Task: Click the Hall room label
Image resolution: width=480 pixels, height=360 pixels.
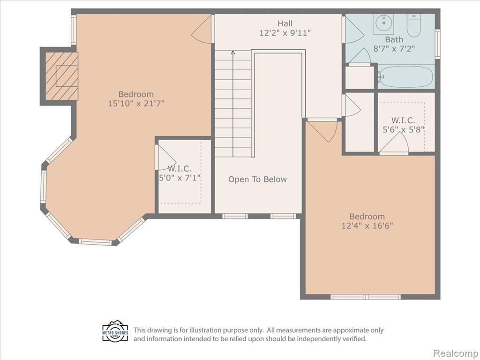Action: pyautogui.click(x=285, y=23)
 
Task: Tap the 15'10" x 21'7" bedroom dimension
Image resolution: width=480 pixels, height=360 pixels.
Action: pyautogui.click(x=136, y=104)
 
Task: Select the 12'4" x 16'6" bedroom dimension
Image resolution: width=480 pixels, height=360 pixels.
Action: pyautogui.click(x=367, y=226)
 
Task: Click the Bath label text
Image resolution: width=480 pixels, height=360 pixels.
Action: pyautogui.click(x=394, y=39)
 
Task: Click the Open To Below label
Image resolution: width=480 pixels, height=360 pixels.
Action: pyautogui.click(x=257, y=180)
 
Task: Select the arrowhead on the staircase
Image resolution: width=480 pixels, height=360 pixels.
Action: pyautogui.click(x=233, y=52)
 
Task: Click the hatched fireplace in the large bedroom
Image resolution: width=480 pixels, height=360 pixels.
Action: pyautogui.click(x=61, y=76)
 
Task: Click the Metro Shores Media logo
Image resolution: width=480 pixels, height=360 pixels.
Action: pyautogui.click(x=115, y=331)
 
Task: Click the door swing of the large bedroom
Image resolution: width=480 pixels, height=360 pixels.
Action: pyautogui.click(x=202, y=29)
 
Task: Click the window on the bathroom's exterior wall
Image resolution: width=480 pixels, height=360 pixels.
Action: pyautogui.click(x=437, y=44)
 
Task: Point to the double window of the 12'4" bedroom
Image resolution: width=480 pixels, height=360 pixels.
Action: pyautogui.click(x=366, y=297)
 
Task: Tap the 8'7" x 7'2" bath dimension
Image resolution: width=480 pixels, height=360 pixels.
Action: pyautogui.click(x=394, y=49)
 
